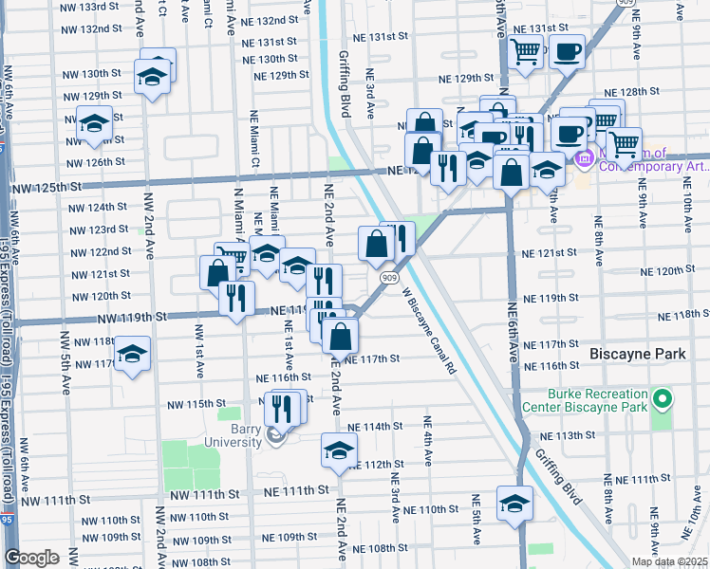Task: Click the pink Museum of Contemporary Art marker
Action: tap(583, 159)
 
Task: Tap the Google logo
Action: tap(32, 558)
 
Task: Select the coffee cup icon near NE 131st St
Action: tap(568, 51)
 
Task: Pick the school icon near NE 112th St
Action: tap(337, 450)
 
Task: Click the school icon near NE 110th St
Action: tap(514, 502)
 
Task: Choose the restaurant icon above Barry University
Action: tap(281, 408)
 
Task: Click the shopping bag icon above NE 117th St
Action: tap(340, 335)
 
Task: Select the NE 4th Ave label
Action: tap(428, 441)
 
